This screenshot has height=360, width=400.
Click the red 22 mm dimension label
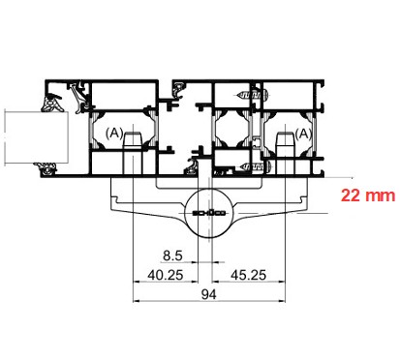pyautogui.click(x=368, y=195)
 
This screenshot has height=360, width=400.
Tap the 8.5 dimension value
pyautogui.click(x=172, y=255)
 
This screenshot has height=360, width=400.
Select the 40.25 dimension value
pyautogui.click(x=166, y=275)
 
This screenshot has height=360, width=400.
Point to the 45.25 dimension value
pyautogui.click(x=248, y=275)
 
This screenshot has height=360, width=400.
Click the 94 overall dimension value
pyautogui.click(x=209, y=294)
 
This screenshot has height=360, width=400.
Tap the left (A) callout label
pyautogui.click(x=114, y=133)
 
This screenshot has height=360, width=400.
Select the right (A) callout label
pyautogui.click(x=303, y=134)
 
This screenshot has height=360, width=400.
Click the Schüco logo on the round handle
pyautogui.click(x=209, y=213)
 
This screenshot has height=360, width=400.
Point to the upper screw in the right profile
pyautogui.click(x=253, y=95)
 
